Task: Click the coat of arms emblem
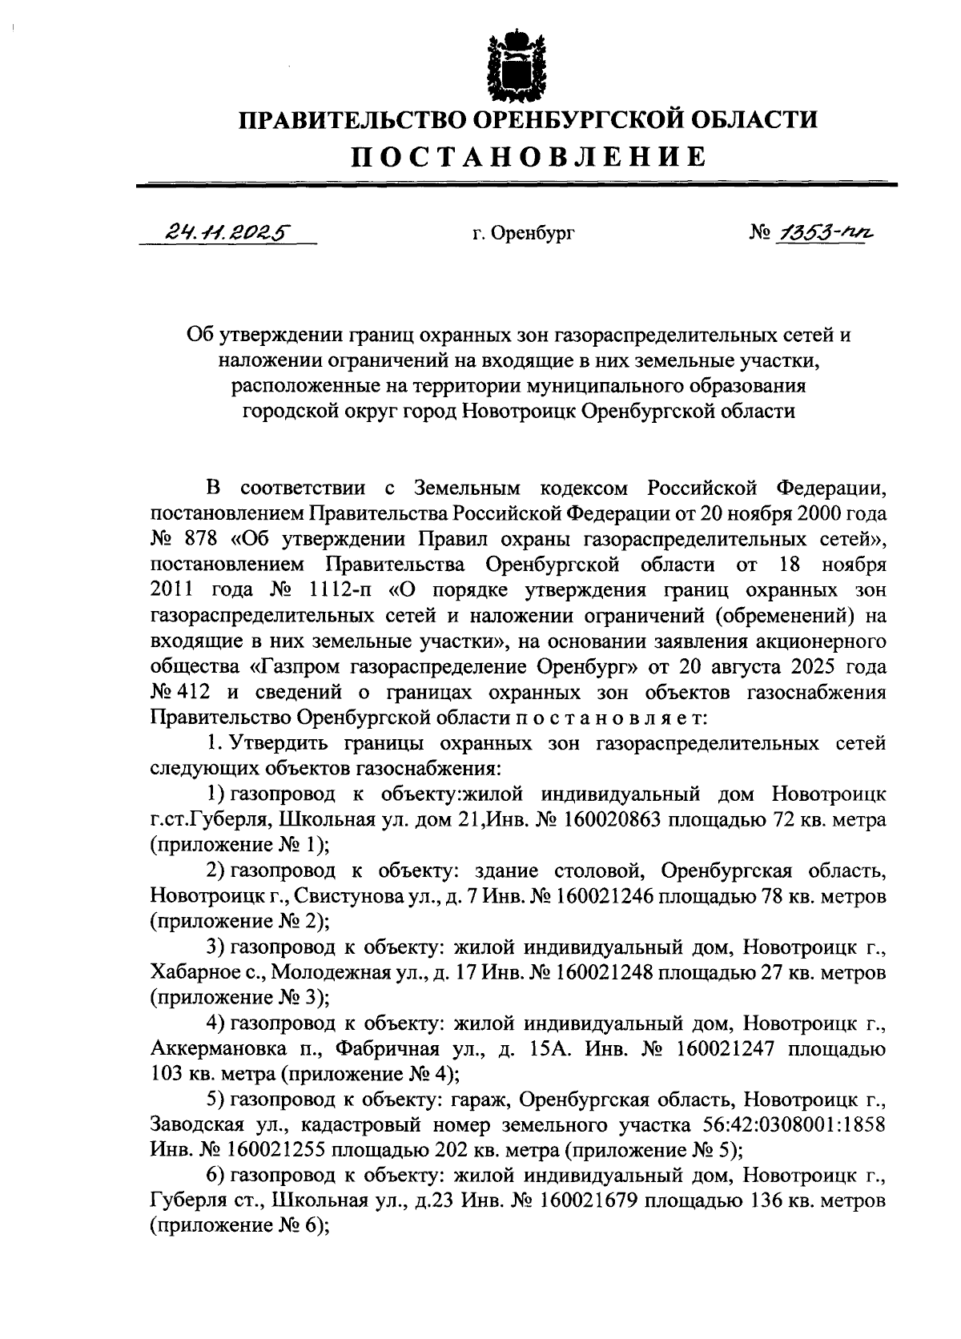coord(517,65)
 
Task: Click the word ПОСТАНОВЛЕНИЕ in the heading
coord(530,156)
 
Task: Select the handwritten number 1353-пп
coord(819,232)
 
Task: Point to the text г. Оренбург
coord(524,234)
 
